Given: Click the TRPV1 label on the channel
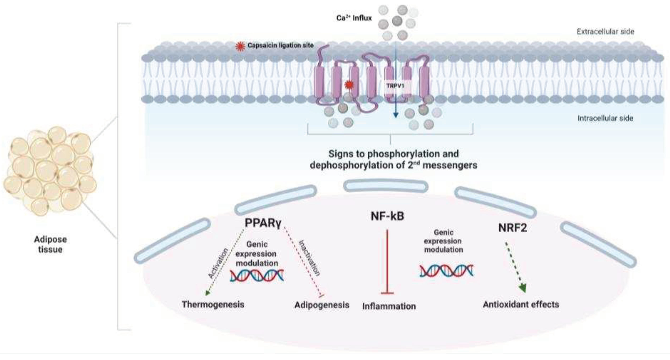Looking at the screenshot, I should pos(395,86).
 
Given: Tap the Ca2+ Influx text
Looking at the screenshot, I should pos(354,18).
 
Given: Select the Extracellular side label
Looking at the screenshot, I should pos(605,32).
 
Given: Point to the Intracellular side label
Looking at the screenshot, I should pos(605,118).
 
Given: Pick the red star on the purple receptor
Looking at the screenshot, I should pos(349,85).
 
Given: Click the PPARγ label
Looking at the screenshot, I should pos(263,223).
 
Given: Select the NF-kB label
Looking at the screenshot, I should pos(387,216).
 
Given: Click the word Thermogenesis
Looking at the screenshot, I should pos(213,304).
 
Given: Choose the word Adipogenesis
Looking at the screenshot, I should pos(322,305).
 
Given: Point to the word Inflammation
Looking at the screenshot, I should pos(389,306).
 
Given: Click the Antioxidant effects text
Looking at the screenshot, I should pos(521,304).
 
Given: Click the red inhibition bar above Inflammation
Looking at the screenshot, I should pos(387,293).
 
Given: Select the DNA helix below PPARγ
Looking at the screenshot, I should pos(257,276).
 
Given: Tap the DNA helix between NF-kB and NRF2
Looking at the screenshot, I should pos(446,271).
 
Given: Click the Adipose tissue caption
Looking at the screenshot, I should pos(50,244).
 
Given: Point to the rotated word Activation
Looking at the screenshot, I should pos(218,263).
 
